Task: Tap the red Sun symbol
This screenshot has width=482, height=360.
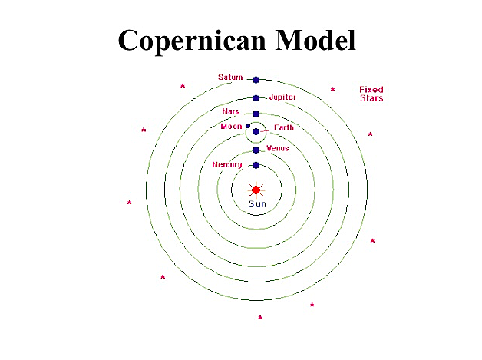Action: point(256,190)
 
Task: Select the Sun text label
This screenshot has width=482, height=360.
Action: point(256,204)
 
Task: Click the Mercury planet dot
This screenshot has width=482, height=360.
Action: point(256,165)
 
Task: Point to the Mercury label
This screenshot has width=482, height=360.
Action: point(227,165)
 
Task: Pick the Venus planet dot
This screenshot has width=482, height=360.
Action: point(256,150)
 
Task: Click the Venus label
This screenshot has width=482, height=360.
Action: point(277,147)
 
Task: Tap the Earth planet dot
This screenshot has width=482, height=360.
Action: point(256,132)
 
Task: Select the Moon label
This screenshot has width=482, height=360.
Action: point(231,126)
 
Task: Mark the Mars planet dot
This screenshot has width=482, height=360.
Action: point(256,114)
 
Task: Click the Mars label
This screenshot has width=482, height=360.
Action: point(230,111)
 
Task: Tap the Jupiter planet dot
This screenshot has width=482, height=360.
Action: point(256,97)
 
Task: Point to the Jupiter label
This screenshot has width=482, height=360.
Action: point(282,97)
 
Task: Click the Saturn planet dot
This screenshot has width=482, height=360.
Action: point(256,79)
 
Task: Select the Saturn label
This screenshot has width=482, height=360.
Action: point(230,78)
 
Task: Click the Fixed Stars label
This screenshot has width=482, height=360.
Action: point(371,94)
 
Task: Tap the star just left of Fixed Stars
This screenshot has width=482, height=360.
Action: point(332,90)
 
